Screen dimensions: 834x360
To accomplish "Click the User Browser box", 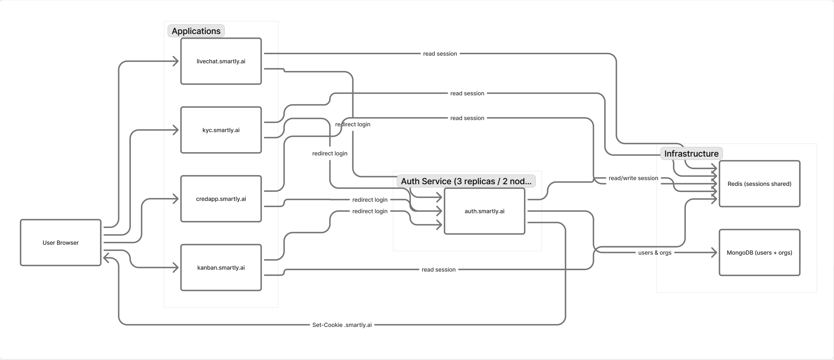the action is pyautogui.click(x=61, y=242).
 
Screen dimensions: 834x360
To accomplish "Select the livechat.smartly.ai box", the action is pyautogui.click(x=221, y=61).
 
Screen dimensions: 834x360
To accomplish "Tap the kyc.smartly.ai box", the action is pyautogui.click(x=221, y=130).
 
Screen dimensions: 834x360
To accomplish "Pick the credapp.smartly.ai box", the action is pyautogui.click(x=221, y=199).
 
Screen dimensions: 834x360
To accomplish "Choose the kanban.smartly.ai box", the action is pyautogui.click(x=221, y=267).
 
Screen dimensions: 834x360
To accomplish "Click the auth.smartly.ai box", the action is pyautogui.click(x=485, y=211).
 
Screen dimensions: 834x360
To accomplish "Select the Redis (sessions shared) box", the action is pyautogui.click(x=760, y=184).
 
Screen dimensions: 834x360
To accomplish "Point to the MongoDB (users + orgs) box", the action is pyautogui.click(x=760, y=253).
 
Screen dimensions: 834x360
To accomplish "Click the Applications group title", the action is pyautogui.click(x=196, y=31).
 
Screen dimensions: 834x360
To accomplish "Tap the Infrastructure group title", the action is pyautogui.click(x=691, y=154).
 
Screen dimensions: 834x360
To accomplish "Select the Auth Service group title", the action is pyautogui.click(x=466, y=181).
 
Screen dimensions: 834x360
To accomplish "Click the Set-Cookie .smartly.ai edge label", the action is pyautogui.click(x=342, y=325).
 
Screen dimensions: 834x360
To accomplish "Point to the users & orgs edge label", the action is pyautogui.click(x=655, y=253).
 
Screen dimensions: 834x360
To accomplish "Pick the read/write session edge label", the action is pyautogui.click(x=633, y=178).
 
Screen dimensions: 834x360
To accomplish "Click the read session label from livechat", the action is pyautogui.click(x=440, y=54).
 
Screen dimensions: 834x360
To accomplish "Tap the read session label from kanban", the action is pyautogui.click(x=439, y=269).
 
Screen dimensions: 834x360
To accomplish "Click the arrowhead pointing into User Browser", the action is pyautogui.click(x=106, y=258).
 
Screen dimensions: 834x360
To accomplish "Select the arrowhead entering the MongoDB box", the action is pyautogui.click(x=714, y=253).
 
